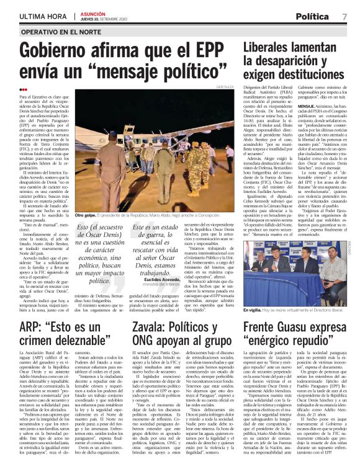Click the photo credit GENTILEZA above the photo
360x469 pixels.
[225, 87]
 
